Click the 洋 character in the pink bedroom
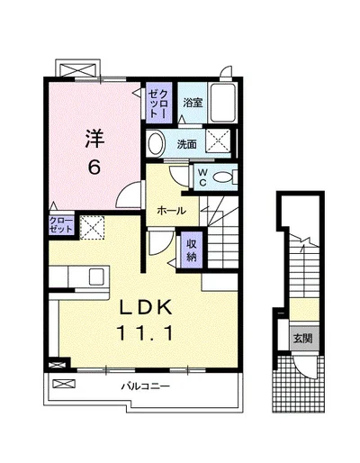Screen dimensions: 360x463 pos(94,139)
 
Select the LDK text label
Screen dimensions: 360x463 pos(146,307)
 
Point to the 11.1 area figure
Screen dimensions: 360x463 pos(146,333)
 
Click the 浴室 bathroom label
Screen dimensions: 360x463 pos(193,103)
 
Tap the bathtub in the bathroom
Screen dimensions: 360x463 pos(222,103)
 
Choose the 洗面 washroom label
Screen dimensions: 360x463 pos(186,144)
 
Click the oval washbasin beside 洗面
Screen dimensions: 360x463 pos(157,143)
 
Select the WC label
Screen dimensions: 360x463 pos(202,177)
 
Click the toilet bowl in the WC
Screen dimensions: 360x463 pos(223,177)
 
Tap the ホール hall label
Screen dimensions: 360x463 pos(172,211)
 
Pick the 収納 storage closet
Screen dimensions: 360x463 pos(192,250)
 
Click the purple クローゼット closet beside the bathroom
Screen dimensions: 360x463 pos(159,103)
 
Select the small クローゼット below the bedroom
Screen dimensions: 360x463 pos(61,225)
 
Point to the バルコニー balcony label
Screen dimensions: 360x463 pos(146,386)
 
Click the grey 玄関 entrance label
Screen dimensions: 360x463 pos(303,339)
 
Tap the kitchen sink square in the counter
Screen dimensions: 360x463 pos(96,277)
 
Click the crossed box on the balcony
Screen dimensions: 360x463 pos(64,384)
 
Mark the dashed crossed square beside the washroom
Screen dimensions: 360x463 pos(218,141)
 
